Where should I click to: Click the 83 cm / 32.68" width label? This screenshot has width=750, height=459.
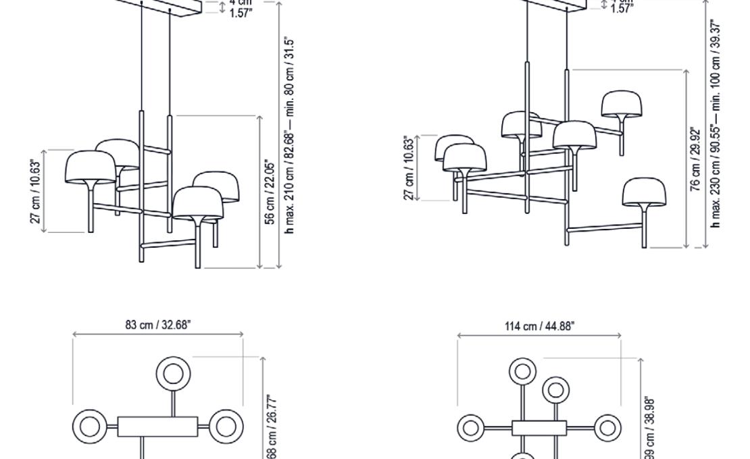(x=158, y=325)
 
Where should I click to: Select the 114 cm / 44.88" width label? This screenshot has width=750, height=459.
(x=539, y=327)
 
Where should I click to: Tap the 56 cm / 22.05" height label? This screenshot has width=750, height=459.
(x=270, y=192)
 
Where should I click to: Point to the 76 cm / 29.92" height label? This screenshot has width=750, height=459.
(x=695, y=159)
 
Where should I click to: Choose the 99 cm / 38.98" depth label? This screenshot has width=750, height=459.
(x=649, y=428)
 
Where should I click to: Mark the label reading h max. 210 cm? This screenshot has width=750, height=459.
(x=290, y=135)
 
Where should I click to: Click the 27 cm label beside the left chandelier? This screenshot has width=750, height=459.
(x=37, y=191)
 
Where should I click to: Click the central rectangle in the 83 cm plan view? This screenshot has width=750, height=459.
(x=157, y=427)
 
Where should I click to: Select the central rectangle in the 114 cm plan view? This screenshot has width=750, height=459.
(x=539, y=427)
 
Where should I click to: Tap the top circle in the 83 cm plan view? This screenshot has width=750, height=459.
(x=173, y=373)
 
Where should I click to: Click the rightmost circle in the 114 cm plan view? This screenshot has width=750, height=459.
(x=607, y=427)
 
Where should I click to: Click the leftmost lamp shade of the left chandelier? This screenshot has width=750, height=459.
(x=91, y=167)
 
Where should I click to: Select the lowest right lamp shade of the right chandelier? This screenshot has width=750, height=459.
(x=644, y=192)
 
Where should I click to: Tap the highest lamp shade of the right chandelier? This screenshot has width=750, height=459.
(x=622, y=104)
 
